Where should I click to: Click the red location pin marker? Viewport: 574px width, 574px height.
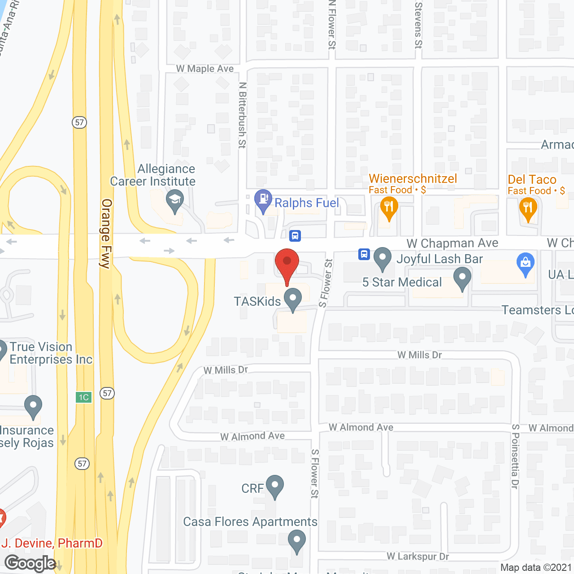pyautogui.click(x=287, y=262)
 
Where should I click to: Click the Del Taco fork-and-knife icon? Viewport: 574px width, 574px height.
pyautogui.click(x=528, y=209)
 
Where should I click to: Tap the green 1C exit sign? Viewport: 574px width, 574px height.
pyautogui.click(x=84, y=397)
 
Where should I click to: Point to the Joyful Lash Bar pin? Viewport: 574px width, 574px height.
pyautogui.click(x=383, y=258)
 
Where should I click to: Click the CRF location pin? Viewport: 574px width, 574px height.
pyautogui.click(x=275, y=486)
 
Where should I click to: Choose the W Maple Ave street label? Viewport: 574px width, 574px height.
pyautogui.click(x=205, y=69)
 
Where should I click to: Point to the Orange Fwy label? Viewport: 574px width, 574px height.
pyautogui.click(x=106, y=233)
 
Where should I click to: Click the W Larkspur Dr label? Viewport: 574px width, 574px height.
pyautogui.click(x=417, y=557)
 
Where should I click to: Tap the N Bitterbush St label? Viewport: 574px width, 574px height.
pyautogui.click(x=243, y=115)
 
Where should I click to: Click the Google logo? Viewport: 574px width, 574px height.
pyautogui.click(x=30, y=563)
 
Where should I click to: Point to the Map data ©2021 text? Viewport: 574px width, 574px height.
pyautogui.click(x=536, y=567)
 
